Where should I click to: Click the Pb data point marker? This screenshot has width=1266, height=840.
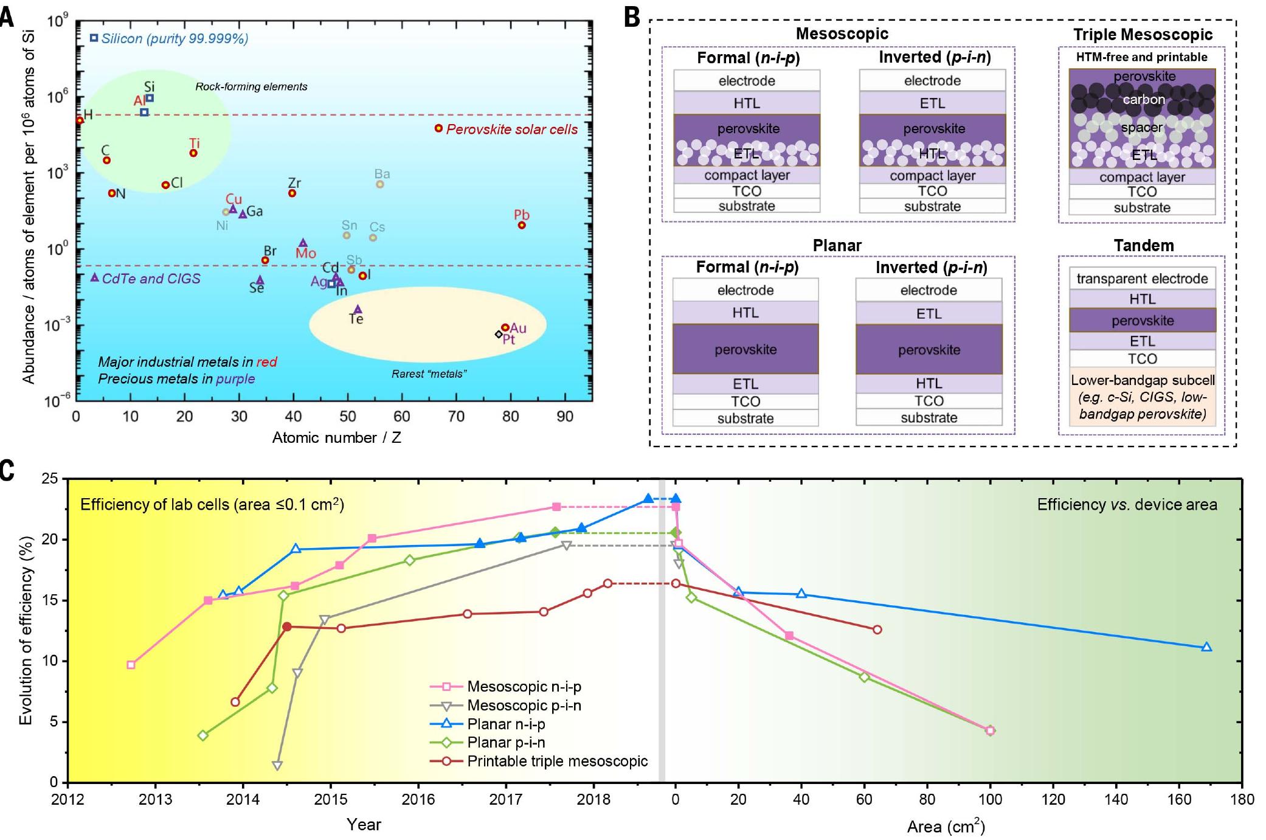click(521, 225)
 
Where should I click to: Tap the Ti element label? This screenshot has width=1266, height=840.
click(195, 144)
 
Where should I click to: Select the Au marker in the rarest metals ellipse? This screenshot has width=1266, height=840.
click(505, 327)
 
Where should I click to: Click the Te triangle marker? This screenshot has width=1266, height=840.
click(358, 309)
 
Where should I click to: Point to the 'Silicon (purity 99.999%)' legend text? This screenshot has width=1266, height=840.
click(175, 38)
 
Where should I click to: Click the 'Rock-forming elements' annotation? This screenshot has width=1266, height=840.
click(251, 86)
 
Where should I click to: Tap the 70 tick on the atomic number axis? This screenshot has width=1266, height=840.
click(456, 417)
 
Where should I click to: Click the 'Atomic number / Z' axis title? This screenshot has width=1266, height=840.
click(336, 437)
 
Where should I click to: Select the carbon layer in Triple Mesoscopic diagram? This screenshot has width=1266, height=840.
click(1143, 99)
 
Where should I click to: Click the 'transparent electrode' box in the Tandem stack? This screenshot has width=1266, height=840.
click(1142, 279)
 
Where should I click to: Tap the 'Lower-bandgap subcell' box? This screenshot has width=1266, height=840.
click(1143, 397)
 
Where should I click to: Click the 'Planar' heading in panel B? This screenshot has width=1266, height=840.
click(837, 245)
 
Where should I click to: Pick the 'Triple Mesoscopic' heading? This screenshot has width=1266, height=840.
click(1143, 35)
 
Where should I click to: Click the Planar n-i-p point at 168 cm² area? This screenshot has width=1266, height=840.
click(1206, 647)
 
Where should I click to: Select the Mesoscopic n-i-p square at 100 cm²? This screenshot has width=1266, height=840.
click(990, 730)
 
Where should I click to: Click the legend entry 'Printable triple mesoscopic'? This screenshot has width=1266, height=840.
click(557, 761)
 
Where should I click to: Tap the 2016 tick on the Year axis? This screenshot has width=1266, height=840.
click(418, 799)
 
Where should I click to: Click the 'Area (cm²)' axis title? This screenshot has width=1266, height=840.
click(946, 826)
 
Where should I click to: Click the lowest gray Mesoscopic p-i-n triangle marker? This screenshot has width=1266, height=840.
click(277, 765)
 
